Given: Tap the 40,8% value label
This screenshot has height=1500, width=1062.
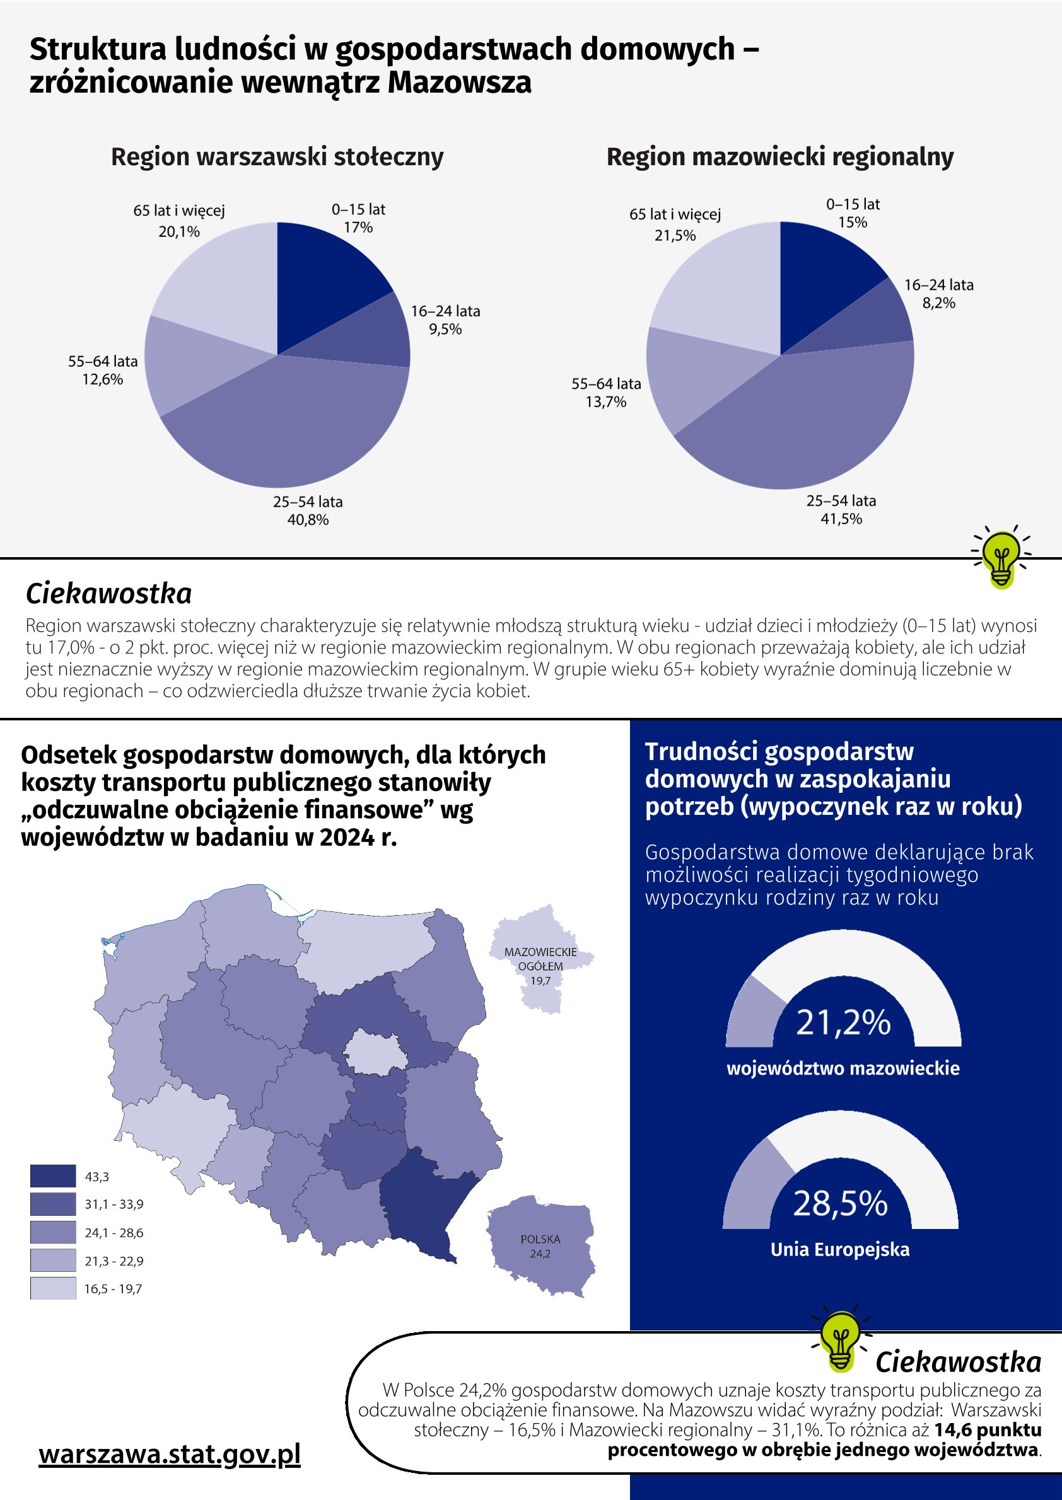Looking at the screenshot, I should coord(308,520).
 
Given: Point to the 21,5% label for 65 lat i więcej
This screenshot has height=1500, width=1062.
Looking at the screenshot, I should coord(675,236).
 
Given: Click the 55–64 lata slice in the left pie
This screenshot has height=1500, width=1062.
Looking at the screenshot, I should coord(190,363).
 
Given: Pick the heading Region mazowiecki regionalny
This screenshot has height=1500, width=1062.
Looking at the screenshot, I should coord(780,158).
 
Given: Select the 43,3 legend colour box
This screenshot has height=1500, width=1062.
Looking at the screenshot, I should coord(53,1177).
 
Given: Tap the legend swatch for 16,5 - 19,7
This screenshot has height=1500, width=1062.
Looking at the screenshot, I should coord(53,1289).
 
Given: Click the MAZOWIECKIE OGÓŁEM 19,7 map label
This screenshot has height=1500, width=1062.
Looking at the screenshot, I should coord(540,966).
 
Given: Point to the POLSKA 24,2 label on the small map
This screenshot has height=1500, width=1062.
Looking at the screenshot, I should coord(540,1246).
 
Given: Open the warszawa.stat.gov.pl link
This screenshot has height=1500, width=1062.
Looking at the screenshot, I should coord(170,1454).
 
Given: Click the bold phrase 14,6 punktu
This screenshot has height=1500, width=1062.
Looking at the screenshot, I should coord(988,1430).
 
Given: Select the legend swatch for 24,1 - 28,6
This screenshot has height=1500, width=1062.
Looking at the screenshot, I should coord(53,1233).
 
